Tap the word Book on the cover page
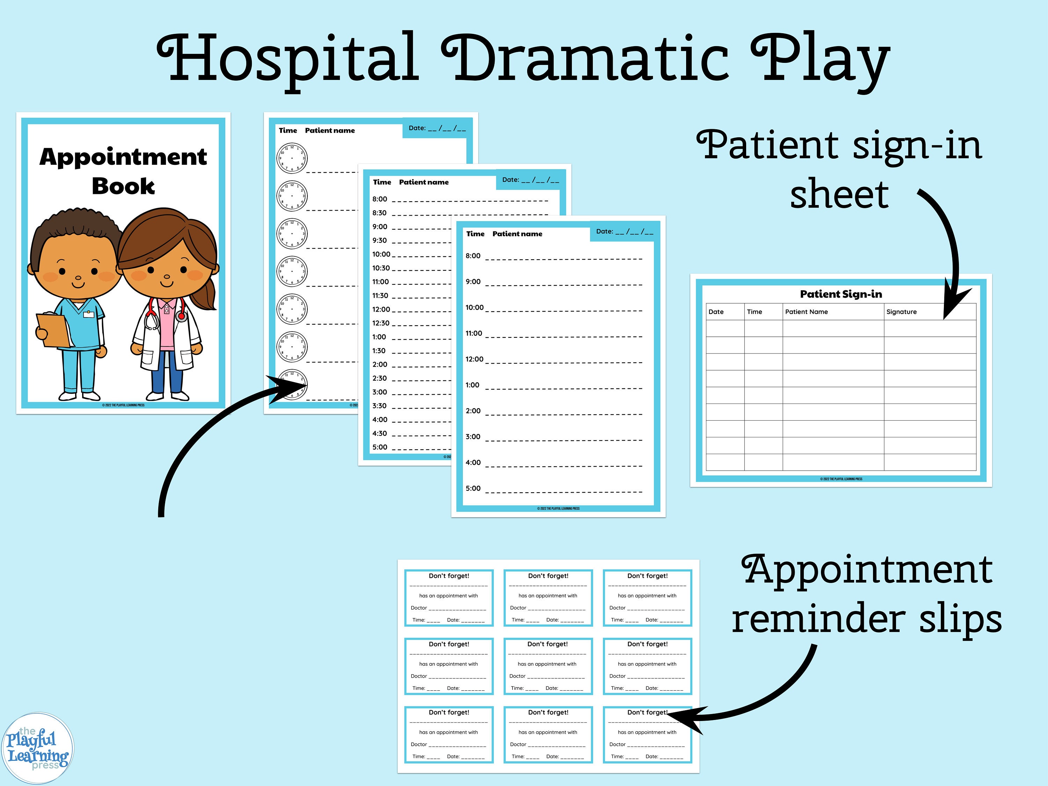123,186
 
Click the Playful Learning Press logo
38,749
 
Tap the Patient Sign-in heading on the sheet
841,294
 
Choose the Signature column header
901,312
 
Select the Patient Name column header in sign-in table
806,312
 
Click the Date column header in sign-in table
716,312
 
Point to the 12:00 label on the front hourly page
474,359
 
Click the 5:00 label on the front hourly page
473,488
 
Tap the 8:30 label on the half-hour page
379,213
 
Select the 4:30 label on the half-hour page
379,434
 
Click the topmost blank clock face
292,158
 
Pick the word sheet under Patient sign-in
839,194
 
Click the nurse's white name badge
89,314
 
